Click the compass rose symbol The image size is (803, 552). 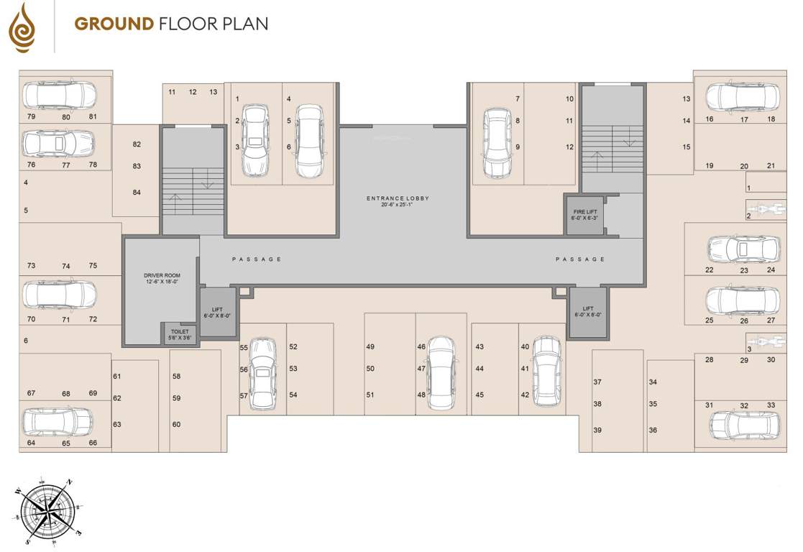(47, 510)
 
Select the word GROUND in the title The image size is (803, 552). (114, 24)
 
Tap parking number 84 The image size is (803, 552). (137, 193)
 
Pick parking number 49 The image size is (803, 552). (370, 347)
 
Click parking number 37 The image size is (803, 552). (597, 382)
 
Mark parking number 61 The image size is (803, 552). (117, 377)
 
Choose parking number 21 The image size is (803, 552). (771, 166)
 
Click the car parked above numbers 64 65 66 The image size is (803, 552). (58, 423)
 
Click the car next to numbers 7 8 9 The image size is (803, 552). (496, 142)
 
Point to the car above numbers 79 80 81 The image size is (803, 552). (59, 95)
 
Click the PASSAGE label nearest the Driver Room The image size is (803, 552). (256, 259)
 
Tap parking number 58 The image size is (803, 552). (176, 377)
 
